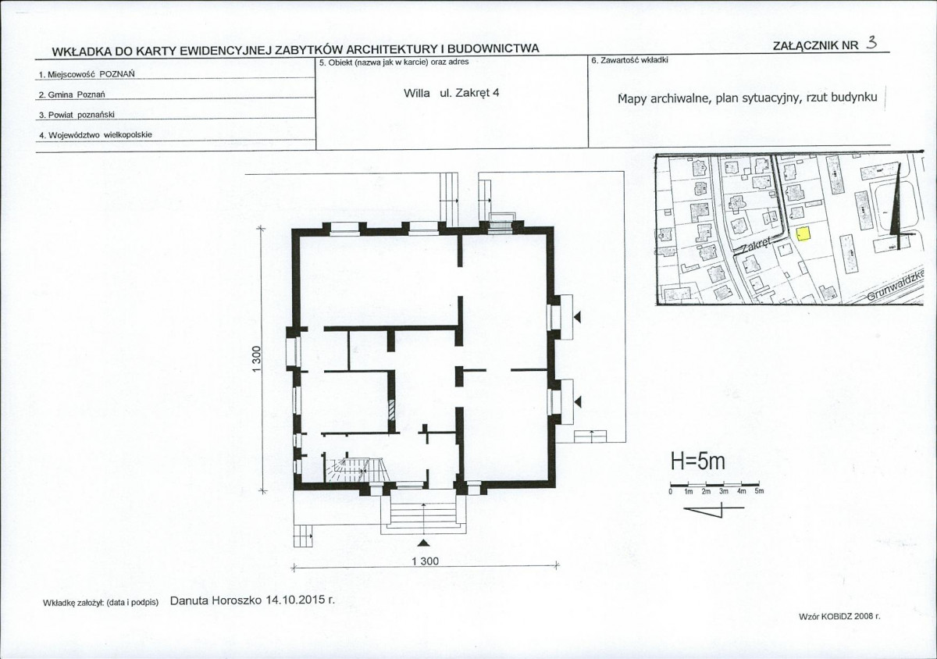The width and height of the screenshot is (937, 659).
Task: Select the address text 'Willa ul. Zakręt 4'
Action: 451,93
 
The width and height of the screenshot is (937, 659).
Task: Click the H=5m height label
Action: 699,461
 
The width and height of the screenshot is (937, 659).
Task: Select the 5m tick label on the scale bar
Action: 759,491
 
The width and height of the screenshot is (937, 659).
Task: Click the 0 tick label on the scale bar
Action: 670,492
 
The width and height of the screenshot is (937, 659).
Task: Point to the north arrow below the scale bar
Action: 714,509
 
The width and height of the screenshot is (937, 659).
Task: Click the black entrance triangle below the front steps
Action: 424,543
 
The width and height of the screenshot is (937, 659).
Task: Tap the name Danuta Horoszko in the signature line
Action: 216,600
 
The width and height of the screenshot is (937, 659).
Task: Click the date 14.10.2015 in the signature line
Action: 295,600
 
